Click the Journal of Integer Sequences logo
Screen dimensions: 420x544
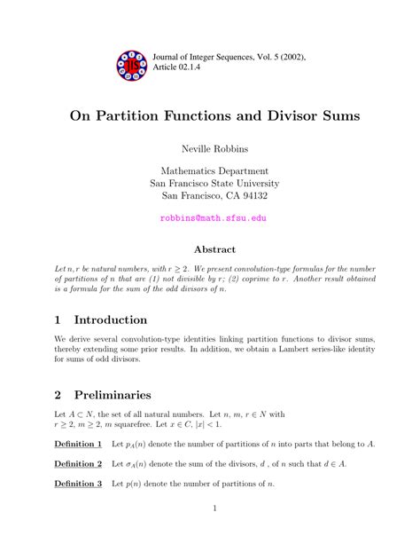(x=133, y=64)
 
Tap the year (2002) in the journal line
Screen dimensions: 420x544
(x=285, y=57)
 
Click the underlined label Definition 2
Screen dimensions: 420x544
(x=78, y=462)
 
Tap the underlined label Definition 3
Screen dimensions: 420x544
(x=78, y=483)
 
